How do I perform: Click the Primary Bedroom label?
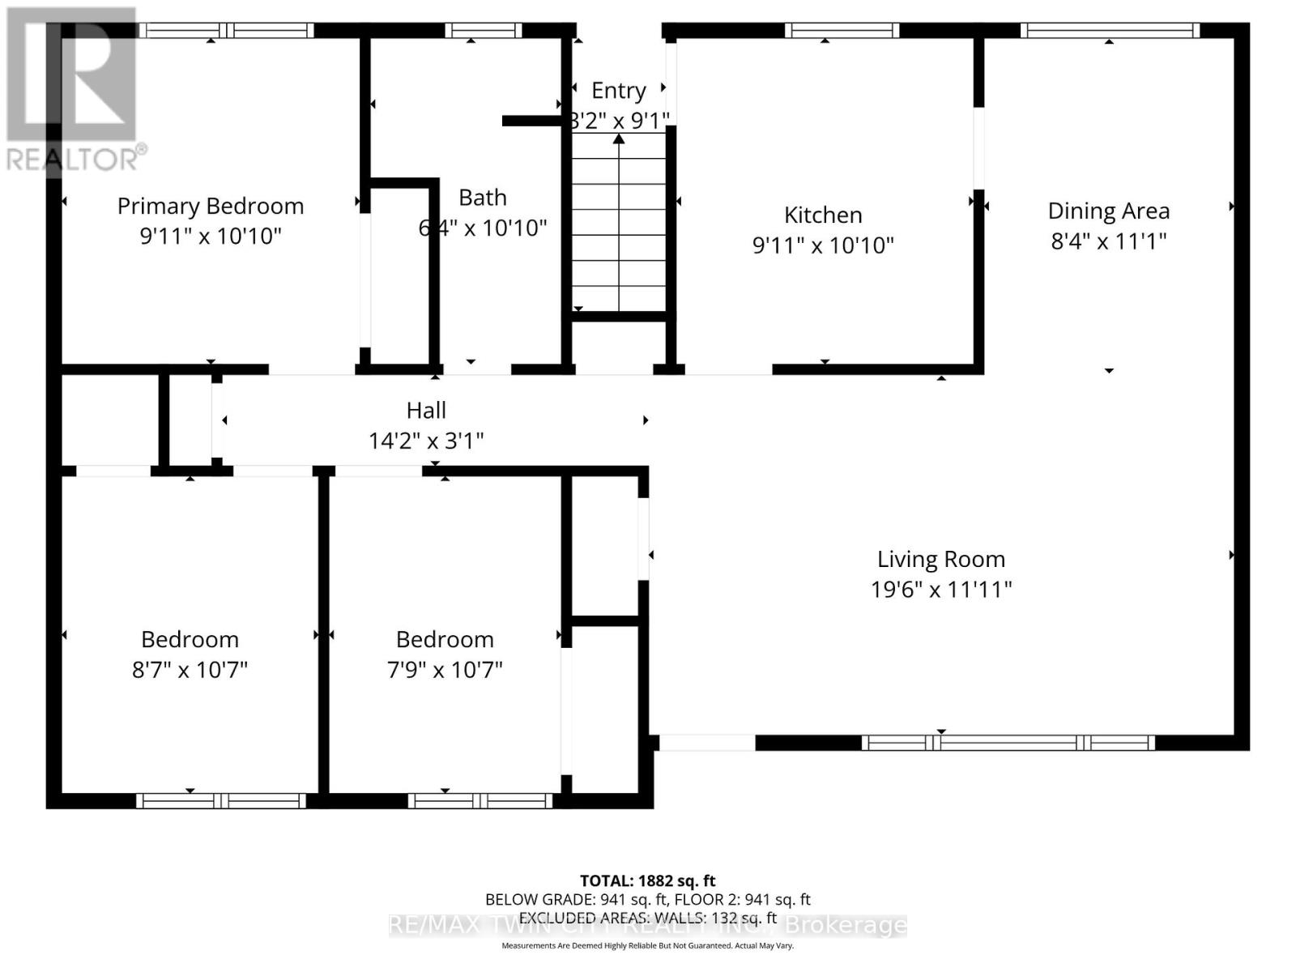[211, 206]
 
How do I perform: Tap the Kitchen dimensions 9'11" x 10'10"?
[823, 245]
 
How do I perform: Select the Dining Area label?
[1108, 211]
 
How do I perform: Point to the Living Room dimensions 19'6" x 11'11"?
[941, 589]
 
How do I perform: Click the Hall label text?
[426, 410]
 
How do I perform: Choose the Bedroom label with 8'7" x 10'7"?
[190, 639]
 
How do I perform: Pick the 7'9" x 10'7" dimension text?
[445, 670]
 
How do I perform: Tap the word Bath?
[483, 197]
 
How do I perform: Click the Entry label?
[618, 90]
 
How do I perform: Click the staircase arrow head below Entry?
[619, 139]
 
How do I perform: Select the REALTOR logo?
[73, 89]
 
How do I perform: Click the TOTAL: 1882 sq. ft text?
[647, 880]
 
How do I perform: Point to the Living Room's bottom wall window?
[1008, 742]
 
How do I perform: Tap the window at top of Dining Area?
[1109, 31]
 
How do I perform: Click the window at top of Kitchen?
[842, 31]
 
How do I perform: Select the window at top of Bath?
[483, 31]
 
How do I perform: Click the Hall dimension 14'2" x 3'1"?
[426, 441]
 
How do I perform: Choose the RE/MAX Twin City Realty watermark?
[647, 925]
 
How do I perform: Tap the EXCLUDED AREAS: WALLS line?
[647, 918]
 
